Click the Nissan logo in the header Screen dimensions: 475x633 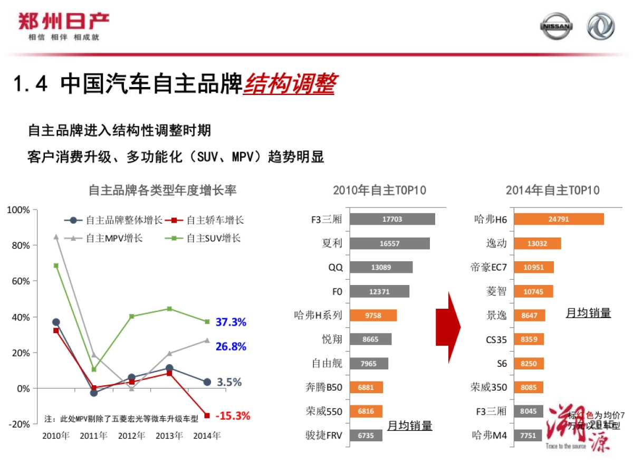click(x=556, y=26)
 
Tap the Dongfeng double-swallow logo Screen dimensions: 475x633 click(x=601, y=26)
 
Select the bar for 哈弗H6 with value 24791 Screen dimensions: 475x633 click(x=559, y=219)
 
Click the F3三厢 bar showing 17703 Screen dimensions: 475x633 click(x=392, y=219)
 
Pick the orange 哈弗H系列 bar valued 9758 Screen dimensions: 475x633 click(x=373, y=315)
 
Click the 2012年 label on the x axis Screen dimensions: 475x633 click(x=131, y=436)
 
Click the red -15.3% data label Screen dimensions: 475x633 click(x=233, y=416)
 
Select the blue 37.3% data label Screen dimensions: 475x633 click(x=231, y=322)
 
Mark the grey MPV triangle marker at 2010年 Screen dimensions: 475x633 click(x=56, y=237)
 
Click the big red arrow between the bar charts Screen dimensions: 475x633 click(x=448, y=327)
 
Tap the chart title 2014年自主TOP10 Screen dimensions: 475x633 click(x=552, y=190)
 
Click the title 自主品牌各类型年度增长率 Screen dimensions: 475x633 click(x=162, y=190)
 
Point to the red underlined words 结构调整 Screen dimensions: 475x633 click(x=289, y=84)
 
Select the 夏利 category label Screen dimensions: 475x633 click(x=332, y=243)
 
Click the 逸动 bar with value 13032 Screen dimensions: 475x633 click(x=537, y=243)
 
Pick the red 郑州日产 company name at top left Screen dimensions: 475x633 click(x=63, y=22)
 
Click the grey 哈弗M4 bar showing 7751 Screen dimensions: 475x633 click(x=527, y=435)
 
